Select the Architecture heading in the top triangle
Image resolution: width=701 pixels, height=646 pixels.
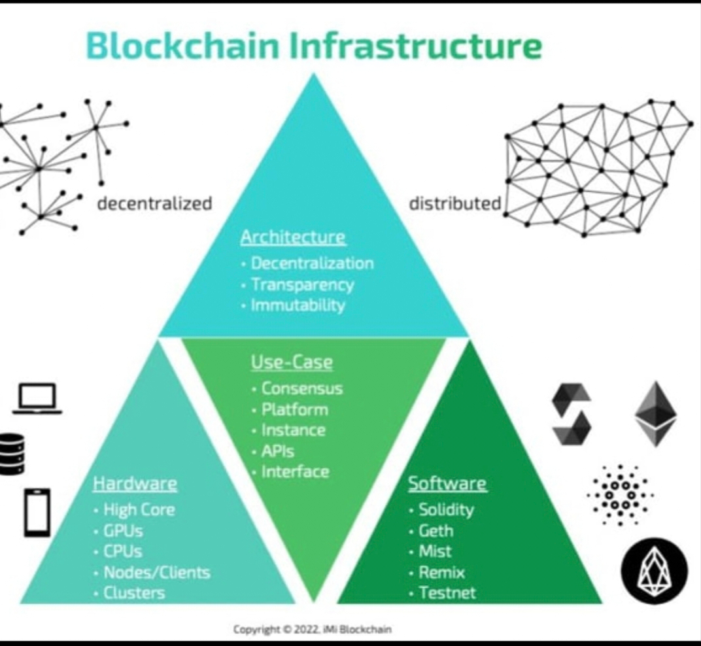coord(293,237)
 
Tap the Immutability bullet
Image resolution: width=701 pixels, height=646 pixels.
coord(298,305)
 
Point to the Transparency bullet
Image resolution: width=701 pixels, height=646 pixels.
coord(302,284)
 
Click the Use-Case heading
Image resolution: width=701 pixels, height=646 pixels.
coord(292,362)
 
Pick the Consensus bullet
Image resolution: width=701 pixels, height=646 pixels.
coord(301,388)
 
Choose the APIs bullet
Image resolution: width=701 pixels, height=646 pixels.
coord(277,450)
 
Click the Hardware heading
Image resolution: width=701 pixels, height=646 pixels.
coord(135,484)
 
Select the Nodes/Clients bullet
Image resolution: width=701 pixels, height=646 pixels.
coord(157,573)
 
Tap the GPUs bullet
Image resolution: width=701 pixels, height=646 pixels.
coord(123,530)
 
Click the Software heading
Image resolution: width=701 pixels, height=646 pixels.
coord(447,484)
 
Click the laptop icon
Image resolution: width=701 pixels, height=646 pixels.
coord(37,399)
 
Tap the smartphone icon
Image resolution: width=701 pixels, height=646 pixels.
coord(37,513)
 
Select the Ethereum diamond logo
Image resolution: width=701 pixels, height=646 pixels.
coord(656,414)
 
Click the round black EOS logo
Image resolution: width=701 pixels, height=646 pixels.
coord(654,571)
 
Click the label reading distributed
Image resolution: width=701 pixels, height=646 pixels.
coord(454,203)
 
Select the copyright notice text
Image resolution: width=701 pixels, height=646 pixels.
coord(313,630)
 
